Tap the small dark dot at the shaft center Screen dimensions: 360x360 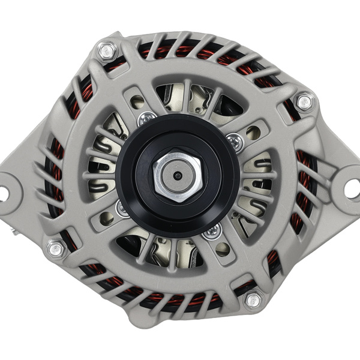(x=177, y=176)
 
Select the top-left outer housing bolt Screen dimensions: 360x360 (x=107, y=52)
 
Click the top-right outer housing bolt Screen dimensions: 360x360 (x=305, y=101)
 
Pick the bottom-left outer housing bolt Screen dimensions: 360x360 (x=56, y=248)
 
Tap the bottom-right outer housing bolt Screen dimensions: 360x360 (x=253, y=299)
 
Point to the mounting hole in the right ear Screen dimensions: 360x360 (x=352, y=188)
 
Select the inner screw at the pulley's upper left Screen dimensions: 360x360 (x=146, y=119)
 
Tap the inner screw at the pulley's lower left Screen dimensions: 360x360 (x=122, y=209)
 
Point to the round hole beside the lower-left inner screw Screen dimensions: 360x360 (x=106, y=219)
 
